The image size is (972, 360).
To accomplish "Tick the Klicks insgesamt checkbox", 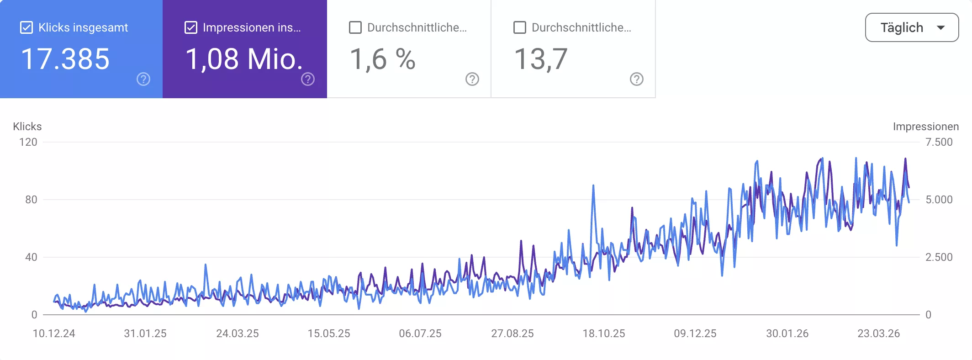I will pos(26,28).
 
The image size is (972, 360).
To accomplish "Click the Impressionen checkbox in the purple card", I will pos(191,28).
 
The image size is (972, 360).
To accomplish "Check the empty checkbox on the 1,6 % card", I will pos(355,28).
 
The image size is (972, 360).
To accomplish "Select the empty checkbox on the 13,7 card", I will pos(520,28).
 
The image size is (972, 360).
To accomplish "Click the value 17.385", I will pos(65,59).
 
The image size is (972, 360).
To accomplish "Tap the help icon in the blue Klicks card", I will pos(143,79).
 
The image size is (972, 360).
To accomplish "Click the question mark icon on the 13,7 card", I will pos(637,79).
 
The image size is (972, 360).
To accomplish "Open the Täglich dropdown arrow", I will pos(941,28).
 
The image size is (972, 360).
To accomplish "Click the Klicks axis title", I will pos(27,127).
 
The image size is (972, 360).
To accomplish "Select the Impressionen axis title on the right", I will pos(926,127).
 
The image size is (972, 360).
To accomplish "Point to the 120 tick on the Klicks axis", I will pos(28,142).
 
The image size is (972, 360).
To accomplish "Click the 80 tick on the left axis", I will pos(31,200).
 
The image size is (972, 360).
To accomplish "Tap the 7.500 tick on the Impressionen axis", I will pos(939,142).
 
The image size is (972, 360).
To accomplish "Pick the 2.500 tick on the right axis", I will pos(939,257).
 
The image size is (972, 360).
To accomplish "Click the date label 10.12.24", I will pos(54,334).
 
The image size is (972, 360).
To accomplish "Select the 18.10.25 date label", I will pos(604,334).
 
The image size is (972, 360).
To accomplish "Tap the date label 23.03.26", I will pos(879,334).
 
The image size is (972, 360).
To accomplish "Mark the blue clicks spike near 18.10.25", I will pos(593,186).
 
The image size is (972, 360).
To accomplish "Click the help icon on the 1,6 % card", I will pos(472,79).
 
